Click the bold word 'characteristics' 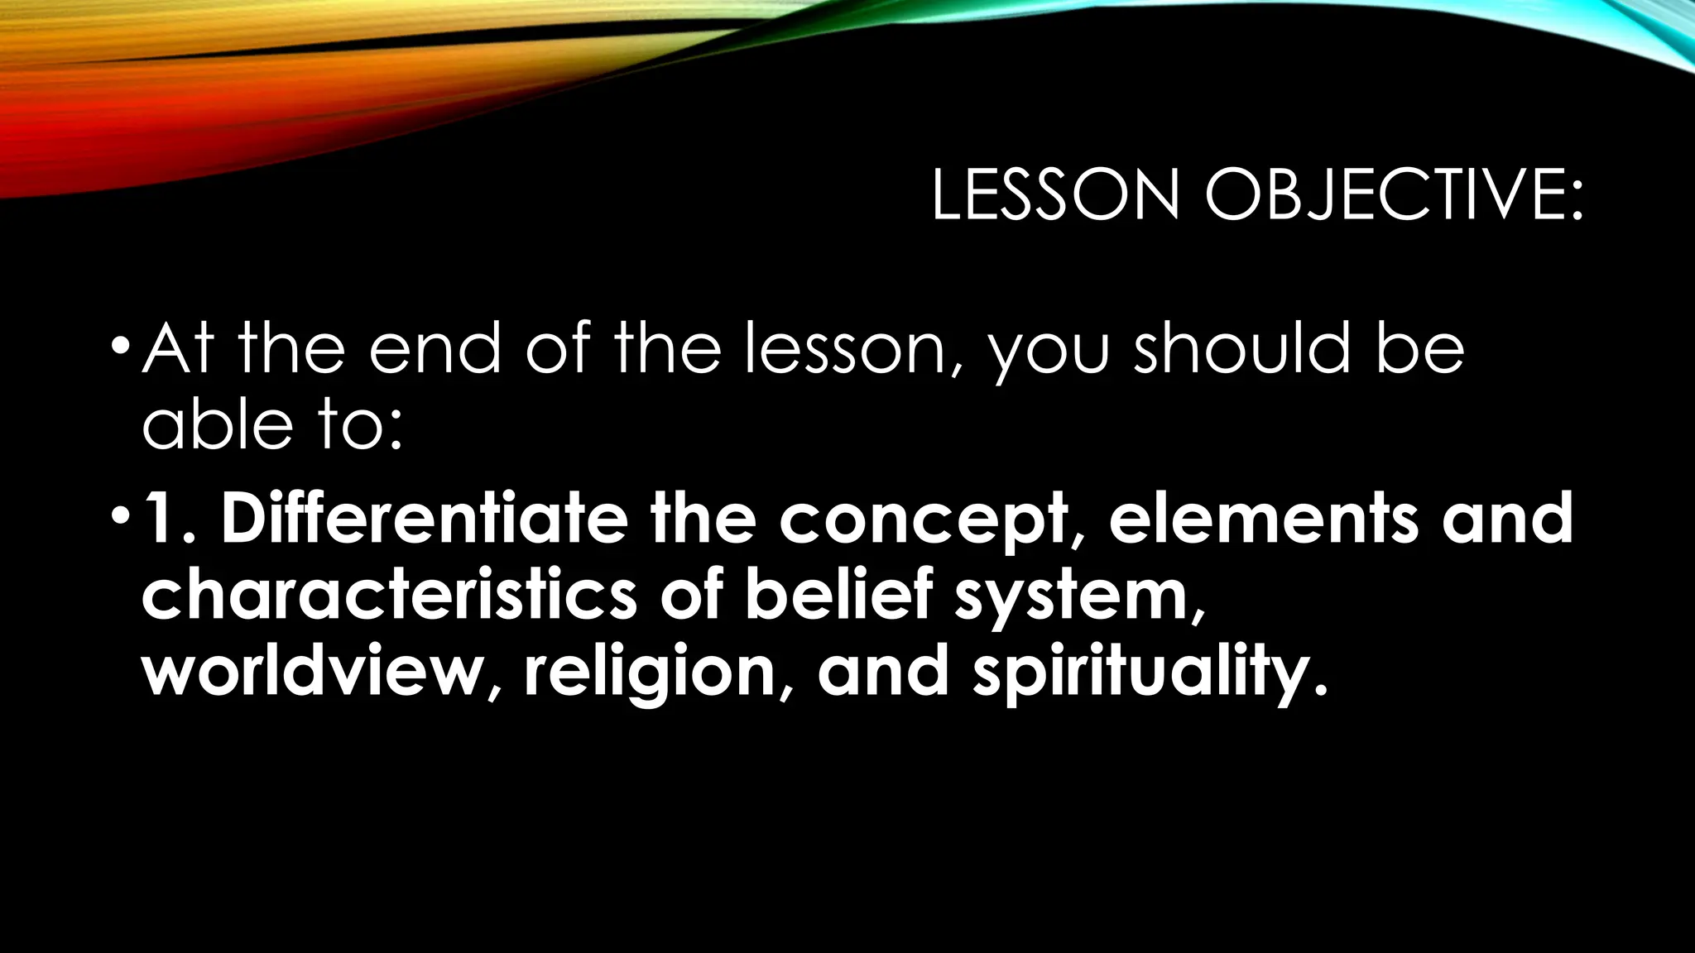[x=390, y=593]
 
